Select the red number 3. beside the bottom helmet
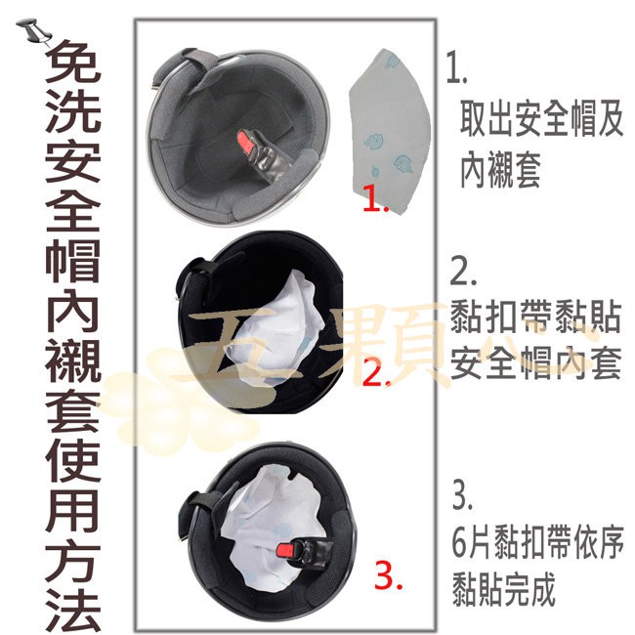(390, 578)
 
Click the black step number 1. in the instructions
(456, 67)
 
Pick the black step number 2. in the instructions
(464, 269)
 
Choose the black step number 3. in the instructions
(463, 493)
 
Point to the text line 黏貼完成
(503, 589)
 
